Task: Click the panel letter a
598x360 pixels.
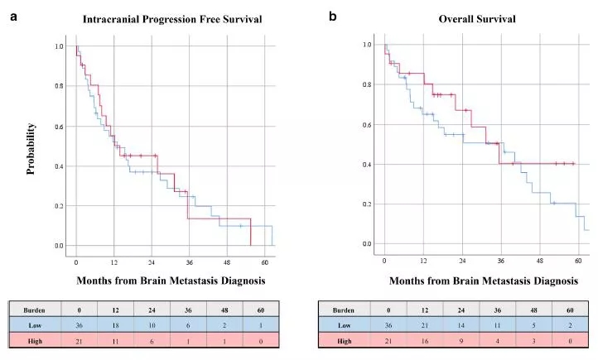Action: point(13,16)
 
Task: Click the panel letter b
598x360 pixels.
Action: point(333,16)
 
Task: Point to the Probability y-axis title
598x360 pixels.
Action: point(31,149)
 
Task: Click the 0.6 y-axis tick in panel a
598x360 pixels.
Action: point(59,127)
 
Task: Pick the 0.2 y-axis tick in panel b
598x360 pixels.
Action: point(366,204)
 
